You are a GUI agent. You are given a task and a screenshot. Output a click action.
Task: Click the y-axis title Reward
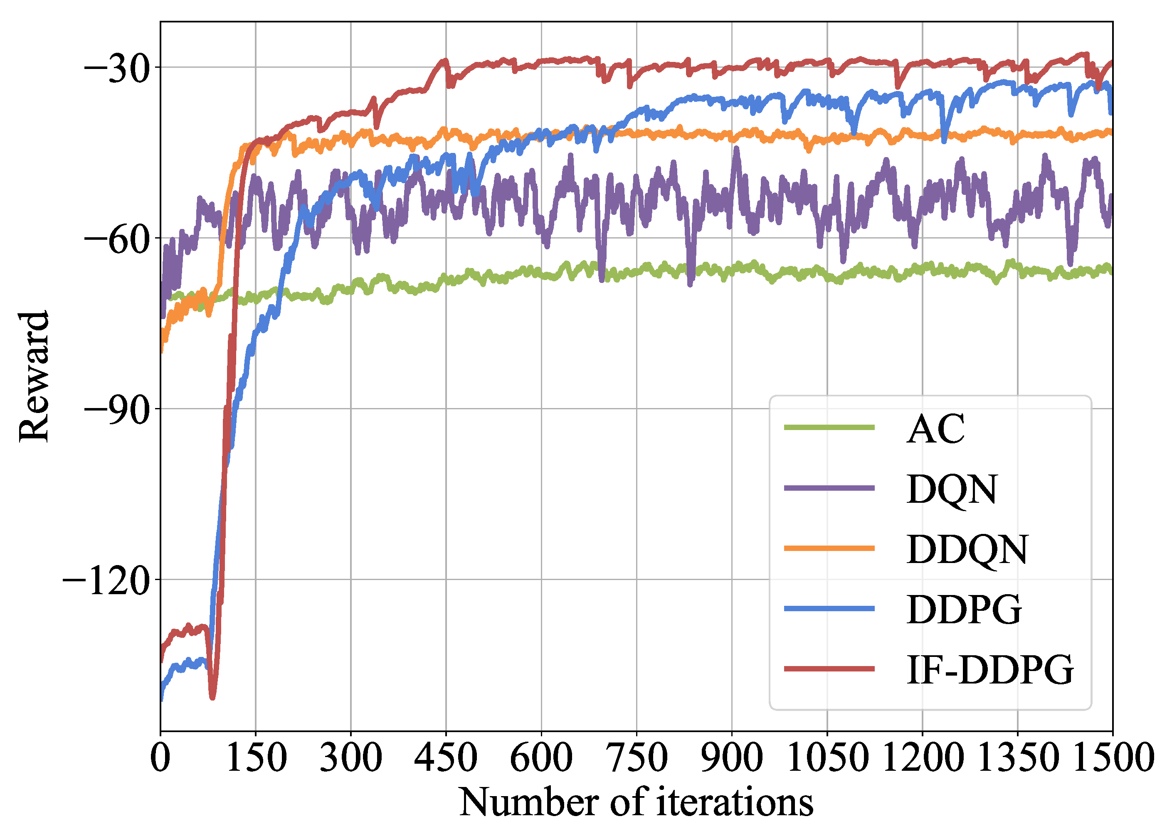tap(34, 376)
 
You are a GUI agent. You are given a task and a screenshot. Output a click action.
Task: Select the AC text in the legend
tap(935, 429)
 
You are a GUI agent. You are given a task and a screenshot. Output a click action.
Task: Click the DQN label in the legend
tap(952, 489)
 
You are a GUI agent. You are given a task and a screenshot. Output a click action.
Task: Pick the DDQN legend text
tap(967, 549)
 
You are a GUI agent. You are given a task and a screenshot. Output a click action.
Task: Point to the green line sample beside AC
tap(829, 427)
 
